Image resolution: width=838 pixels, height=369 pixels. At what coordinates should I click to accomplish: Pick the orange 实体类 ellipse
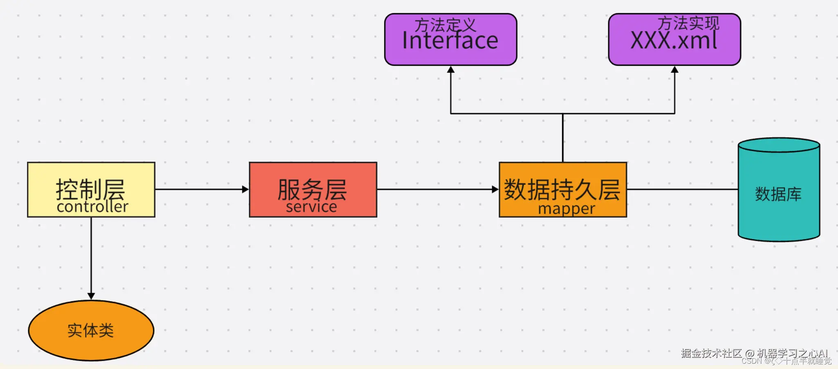pos(91,330)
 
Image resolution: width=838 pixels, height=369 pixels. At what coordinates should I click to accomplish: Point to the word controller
pos(92,207)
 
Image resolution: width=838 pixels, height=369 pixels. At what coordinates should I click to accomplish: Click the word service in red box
pos(311,207)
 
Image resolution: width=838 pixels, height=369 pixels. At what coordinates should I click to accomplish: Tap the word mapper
pos(566,209)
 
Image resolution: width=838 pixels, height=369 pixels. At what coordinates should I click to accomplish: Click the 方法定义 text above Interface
pos(445,25)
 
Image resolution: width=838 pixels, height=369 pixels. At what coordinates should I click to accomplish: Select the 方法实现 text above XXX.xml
pos(688,23)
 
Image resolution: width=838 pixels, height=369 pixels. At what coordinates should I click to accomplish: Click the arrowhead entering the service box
pos(245,189)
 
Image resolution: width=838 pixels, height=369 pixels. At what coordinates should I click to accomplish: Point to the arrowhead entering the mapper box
pos(495,189)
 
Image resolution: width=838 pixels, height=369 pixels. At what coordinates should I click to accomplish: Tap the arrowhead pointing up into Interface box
pos(450,70)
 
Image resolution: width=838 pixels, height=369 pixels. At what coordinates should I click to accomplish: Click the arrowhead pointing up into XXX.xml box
pos(674,70)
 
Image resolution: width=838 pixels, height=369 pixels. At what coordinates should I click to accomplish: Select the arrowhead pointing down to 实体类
pos(91,296)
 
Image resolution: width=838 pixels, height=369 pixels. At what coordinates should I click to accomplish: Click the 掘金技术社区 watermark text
pos(711,353)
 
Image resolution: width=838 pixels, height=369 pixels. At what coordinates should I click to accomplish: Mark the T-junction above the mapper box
pos(562,114)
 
